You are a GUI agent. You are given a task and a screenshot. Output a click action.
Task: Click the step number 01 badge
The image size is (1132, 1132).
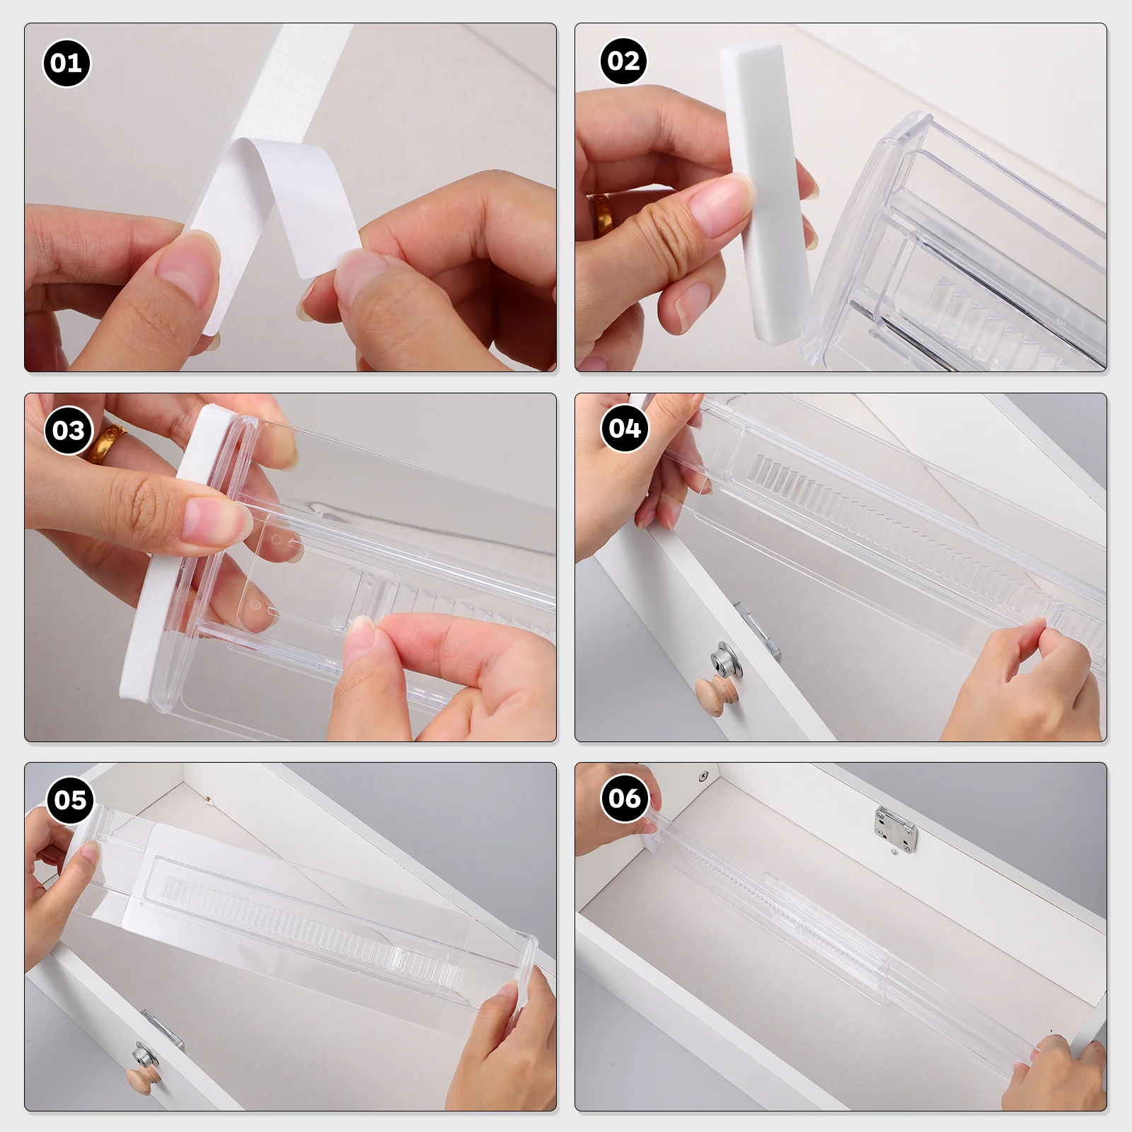[x=67, y=64]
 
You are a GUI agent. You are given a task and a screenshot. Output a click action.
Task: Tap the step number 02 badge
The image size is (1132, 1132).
[x=623, y=62]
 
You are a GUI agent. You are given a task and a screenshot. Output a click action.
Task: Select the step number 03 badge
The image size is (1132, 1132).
[x=69, y=430]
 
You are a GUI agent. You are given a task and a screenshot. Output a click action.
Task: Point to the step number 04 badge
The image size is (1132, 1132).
[x=625, y=429]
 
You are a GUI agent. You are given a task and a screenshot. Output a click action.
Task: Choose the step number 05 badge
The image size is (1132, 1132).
[x=70, y=800]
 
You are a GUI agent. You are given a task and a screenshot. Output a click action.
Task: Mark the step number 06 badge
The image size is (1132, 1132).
[x=625, y=799]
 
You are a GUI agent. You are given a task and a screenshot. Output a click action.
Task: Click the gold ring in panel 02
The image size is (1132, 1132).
[x=602, y=215]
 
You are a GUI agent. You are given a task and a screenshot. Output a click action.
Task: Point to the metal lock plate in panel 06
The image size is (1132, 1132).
[x=896, y=827]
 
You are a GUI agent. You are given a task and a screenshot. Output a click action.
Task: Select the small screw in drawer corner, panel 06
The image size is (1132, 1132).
[x=703, y=776]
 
